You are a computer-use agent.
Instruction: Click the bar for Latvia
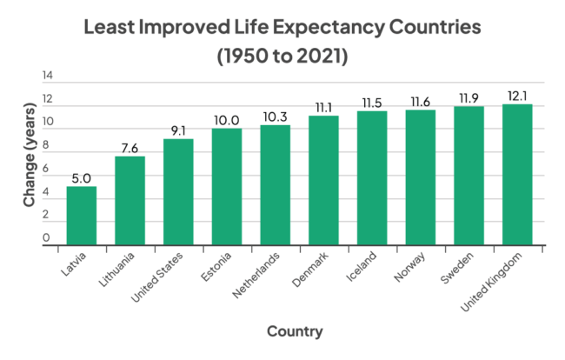point(82,216)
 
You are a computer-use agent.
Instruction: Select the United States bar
point(178,192)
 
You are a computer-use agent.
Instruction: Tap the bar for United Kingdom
point(516,175)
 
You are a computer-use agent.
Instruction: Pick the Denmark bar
point(323,181)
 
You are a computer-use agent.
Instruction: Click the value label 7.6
point(130,147)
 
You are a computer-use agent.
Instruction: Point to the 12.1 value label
point(516,95)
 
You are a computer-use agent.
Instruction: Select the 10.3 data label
point(275,116)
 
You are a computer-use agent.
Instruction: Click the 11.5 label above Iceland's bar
point(371,102)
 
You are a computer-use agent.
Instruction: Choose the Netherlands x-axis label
point(258,276)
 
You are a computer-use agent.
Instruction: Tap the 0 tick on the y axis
point(47,237)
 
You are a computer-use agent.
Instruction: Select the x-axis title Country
point(295,331)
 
